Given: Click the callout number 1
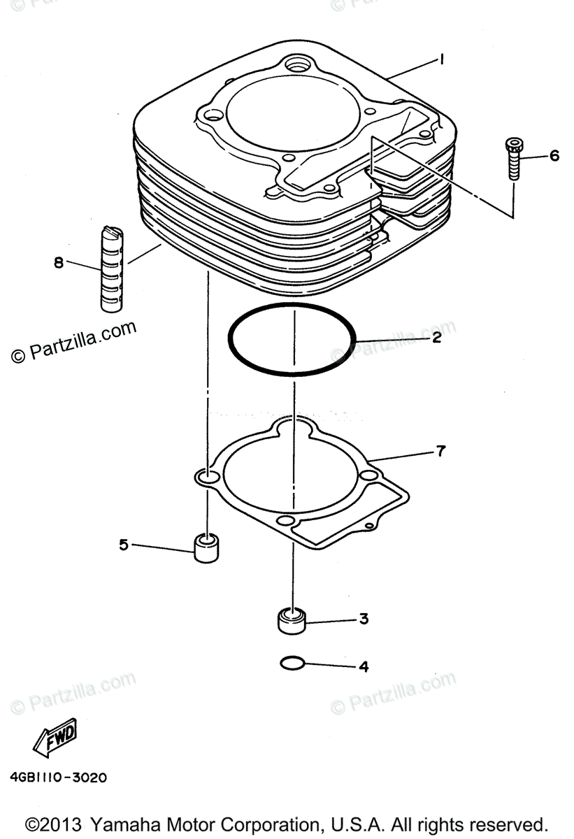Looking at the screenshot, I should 442,61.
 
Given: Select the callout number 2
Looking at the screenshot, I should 436,338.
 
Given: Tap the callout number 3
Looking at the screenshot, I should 364,619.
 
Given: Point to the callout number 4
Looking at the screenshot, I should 364,666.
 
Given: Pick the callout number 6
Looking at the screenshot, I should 554,155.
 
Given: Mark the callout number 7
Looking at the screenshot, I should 440,451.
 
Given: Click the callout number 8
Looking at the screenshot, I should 59,263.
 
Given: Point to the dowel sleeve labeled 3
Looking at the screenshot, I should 291,620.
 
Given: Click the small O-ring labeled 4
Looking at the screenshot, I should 291,663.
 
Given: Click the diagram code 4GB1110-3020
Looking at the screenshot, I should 59,777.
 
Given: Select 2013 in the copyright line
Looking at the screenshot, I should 64,823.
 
